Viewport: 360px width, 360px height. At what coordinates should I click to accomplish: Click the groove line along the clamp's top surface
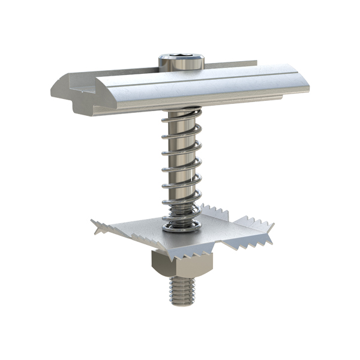coord(198,78)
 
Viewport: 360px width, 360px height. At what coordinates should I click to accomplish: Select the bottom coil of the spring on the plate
coord(179,225)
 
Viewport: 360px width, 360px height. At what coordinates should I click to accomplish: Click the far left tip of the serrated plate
coord(93,223)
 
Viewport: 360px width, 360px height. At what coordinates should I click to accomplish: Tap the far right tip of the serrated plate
coord(273,226)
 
